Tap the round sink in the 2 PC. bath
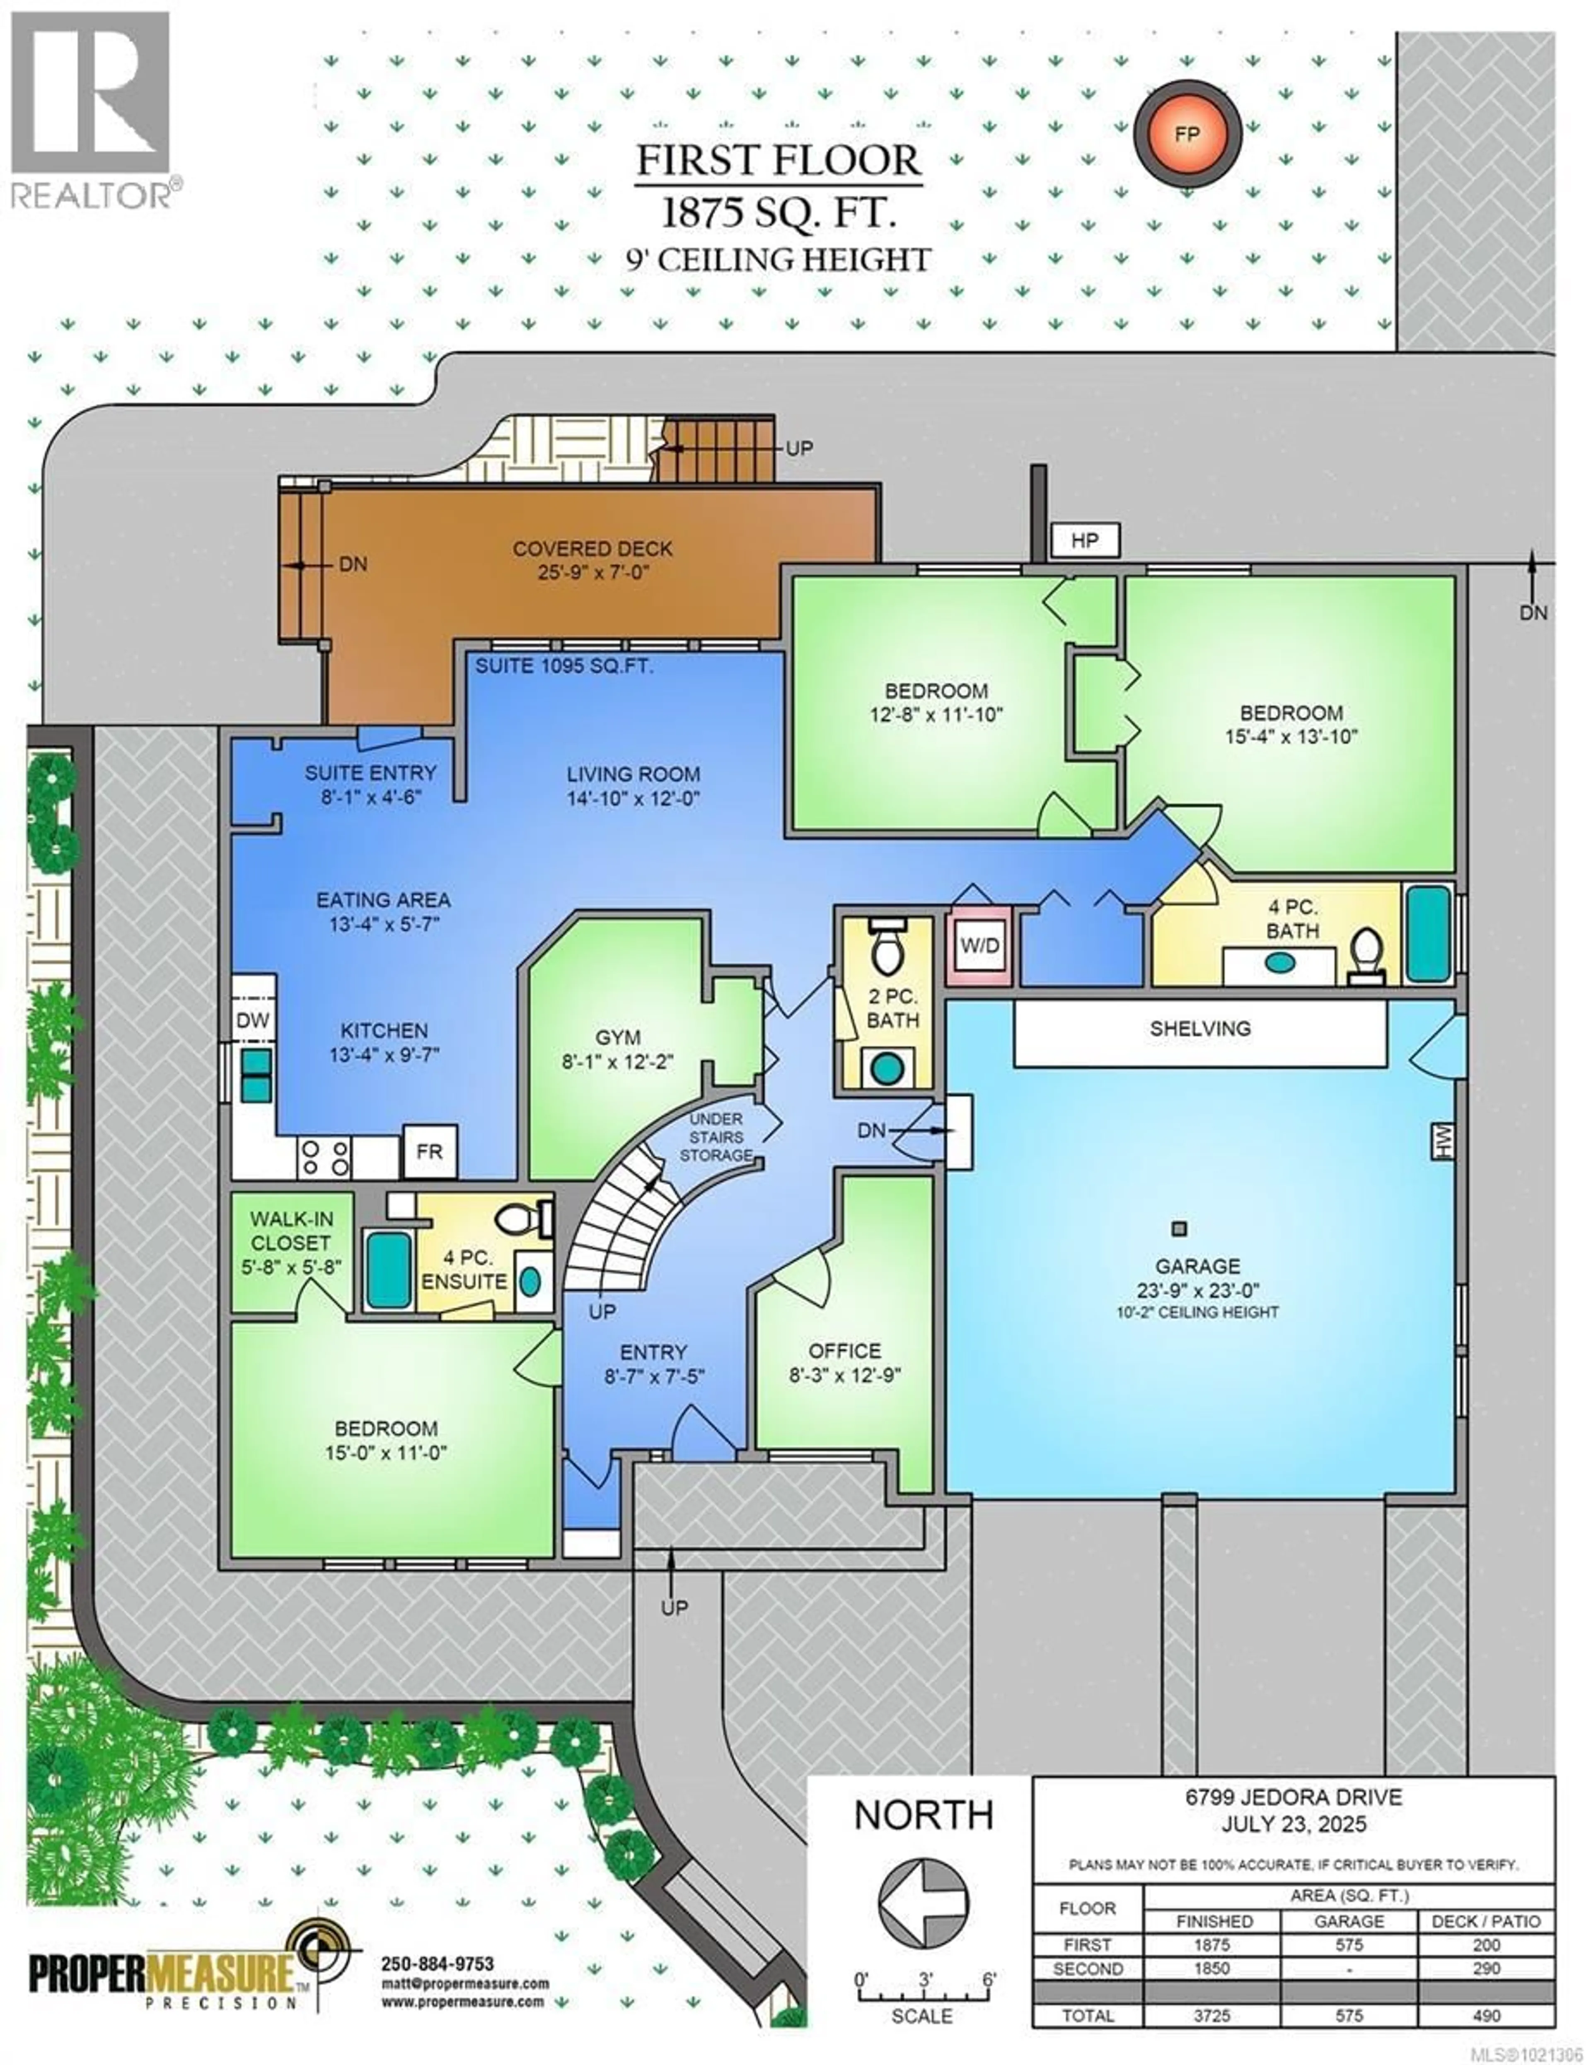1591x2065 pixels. click(886, 1068)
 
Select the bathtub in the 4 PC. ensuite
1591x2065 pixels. click(388, 1270)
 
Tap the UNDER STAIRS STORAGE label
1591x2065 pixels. click(716, 1137)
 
